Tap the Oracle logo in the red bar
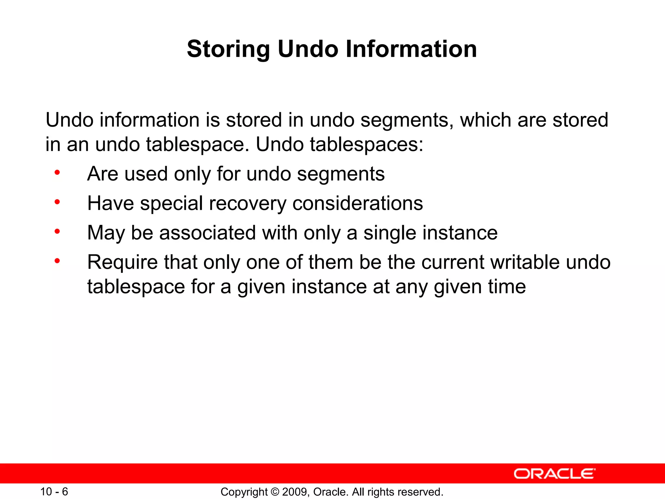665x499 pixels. (554, 474)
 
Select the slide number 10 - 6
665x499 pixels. (54, 492)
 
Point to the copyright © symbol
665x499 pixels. (275, 492)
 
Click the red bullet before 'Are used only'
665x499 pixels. (57, 173)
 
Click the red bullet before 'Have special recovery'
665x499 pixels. (57, 202)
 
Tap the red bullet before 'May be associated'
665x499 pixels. (57, 232)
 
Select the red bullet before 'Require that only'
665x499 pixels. (57, 261)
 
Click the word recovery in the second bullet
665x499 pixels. (247, 204)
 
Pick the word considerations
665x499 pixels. (358, 204)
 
